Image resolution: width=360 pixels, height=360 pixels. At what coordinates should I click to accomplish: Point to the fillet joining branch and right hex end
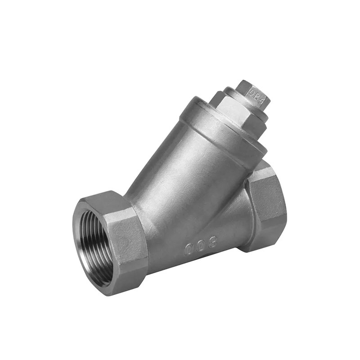[243, 198]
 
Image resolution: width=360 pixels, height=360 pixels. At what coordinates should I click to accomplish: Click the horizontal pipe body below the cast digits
[189, 270]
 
